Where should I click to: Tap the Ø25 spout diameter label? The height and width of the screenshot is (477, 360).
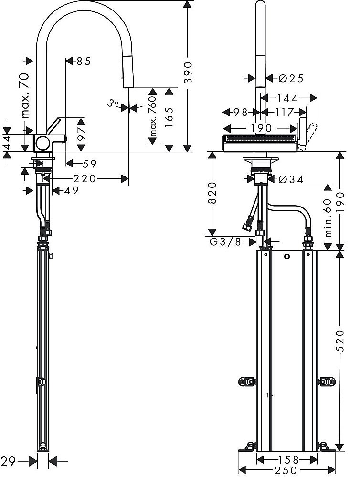coord(290,78)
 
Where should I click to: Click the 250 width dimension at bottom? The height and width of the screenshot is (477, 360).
coord(286,470)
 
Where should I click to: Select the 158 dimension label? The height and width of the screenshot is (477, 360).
coord(286,460)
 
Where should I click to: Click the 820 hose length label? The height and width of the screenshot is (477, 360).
coord(213,192)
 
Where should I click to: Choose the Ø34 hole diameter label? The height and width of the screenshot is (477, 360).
coord(291,179)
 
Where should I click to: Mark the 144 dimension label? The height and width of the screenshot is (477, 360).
coord(287,98)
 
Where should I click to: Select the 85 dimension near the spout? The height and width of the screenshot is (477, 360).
coord(83,61)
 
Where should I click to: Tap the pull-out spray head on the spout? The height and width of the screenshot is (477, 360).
coord(128,72)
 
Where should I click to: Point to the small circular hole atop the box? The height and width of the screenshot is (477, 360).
coord(286,258)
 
